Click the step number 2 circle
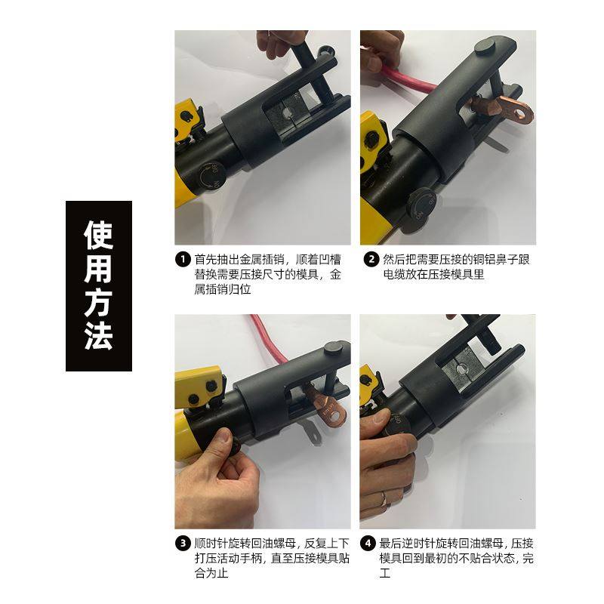pyautogui.click(x=371, y=260)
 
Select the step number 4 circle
pyautogui.click(x=368, y=544)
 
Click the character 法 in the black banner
pyautogui.click(x=98, y=336)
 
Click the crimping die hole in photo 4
pyautogui.click(x=456, y=368)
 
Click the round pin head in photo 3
pyautogui.click(x=331, y=350)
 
